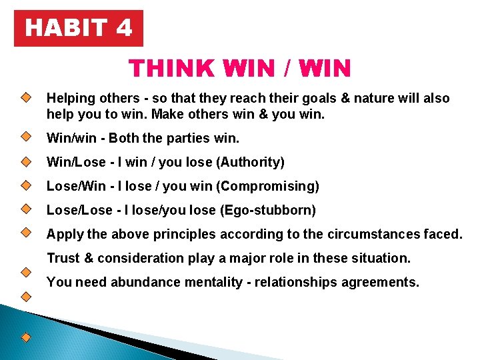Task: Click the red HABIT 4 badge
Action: [x=79, y=28]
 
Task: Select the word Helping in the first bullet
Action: [x=69, y=99]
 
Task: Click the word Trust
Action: [x=63, y=258]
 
